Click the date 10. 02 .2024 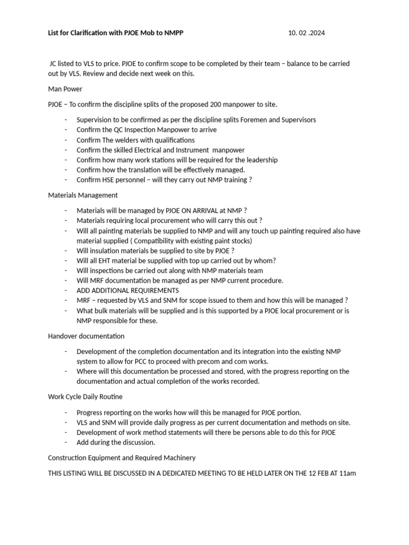click(306, 33)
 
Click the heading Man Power click(65, 89)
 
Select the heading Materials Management click(83, 195)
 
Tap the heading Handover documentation click(86, 336)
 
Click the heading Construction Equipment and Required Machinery click(121, 457)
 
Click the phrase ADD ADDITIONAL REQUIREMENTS click(128, 291)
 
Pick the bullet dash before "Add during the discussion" click(66, 442)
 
